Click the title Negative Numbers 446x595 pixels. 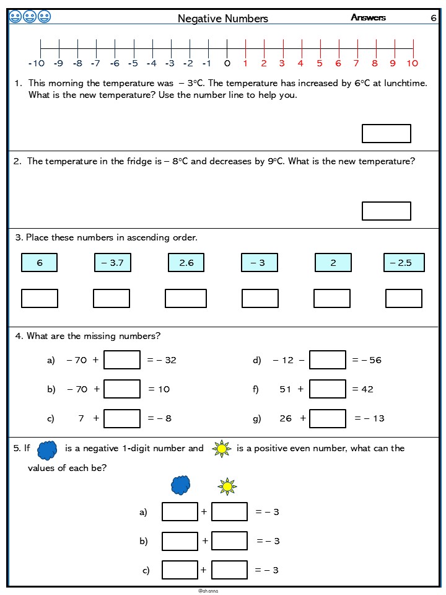point(223,19)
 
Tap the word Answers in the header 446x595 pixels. point(368,17)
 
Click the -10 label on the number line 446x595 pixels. point(37,63)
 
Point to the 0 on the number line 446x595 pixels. point(227,63)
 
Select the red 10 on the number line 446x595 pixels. point(413,63)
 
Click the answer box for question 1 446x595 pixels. point(386,133)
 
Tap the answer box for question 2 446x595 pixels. point(386,211)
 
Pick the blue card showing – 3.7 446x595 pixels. point(112,263)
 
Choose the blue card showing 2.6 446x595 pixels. point(186,263)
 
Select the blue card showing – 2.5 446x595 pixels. point(404,263)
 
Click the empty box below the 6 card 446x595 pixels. point(40,298)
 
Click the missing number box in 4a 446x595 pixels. point(122,360)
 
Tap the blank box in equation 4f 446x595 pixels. point(328,389)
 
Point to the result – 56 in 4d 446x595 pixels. point(370,360)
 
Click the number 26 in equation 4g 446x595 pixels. point(286,418)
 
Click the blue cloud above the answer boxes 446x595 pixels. point(181,485)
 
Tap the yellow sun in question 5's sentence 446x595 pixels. point(221,448)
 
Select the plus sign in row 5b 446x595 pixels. point(204,541)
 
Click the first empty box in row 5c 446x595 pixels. point(180,570)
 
